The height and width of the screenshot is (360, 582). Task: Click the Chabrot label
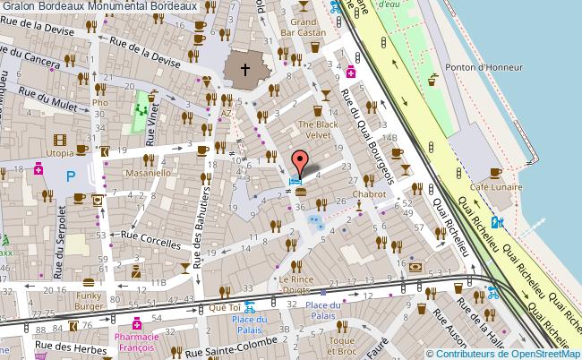pyautogui.click(x=369, y=193)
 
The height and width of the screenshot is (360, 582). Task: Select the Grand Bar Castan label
pyautogui.click(x=306, y=27)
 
